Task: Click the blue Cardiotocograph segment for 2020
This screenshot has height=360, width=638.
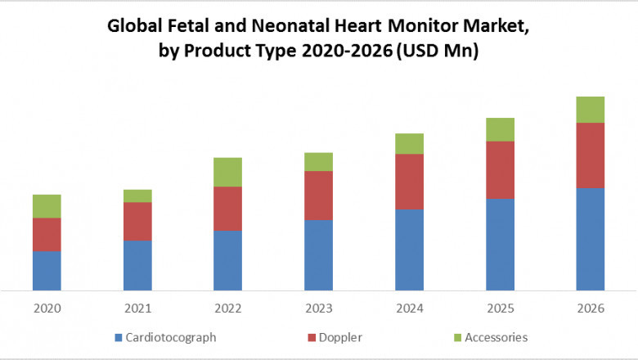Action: click(x=47, y=270)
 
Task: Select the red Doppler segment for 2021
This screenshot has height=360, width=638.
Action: click(x=137, y=221)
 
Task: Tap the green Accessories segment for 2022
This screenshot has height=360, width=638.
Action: click(x=228, y=172)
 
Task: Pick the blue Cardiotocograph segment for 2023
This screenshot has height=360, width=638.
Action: click(x=318, y=255)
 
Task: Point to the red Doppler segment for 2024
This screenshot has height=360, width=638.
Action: click(x=409, y=182)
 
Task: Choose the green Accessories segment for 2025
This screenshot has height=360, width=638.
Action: click(x=500, y=129)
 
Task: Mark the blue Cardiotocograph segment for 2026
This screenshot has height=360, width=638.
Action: click(x=591, y=239)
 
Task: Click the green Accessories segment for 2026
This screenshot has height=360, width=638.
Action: click(x=591, y=110)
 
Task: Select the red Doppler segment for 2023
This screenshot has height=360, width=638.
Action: click(x=318, y=196)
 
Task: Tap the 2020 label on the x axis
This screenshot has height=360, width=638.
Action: click(x=47, y=308)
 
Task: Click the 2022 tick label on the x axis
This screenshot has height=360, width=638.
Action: click(x=228, y=308)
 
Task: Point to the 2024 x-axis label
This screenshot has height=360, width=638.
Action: click(x=409, y=308)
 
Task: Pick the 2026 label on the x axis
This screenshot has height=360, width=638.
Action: click(x=591, y=308)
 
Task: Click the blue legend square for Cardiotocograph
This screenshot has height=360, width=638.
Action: click(x=119, y=337)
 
